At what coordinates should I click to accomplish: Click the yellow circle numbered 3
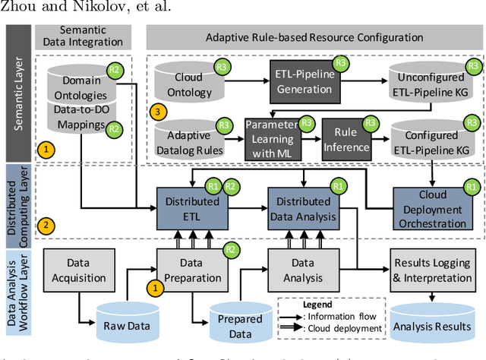[x=157, y=112]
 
